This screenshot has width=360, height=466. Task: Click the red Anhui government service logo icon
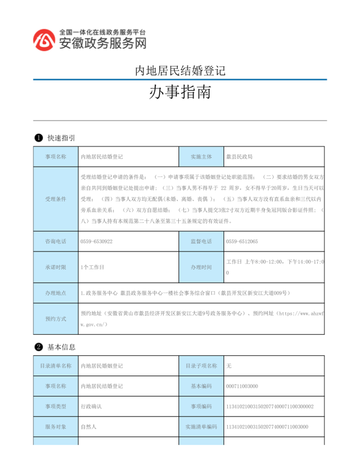pos(44,40)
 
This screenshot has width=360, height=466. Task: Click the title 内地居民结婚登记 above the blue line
pos(180,71)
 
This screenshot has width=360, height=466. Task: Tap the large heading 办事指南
pos(180,93)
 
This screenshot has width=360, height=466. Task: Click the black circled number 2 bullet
pos(39,347)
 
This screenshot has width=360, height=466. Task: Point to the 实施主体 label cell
pos(201,157)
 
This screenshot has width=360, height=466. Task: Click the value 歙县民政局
pos(239,157)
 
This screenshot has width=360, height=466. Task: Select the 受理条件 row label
pos(56,199)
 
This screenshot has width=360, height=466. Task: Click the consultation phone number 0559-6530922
pos(96,241)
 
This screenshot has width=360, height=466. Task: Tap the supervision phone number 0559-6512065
pos(242,241)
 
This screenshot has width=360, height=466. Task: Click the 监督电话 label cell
pos(201,241)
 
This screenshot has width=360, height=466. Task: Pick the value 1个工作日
pos(92,267)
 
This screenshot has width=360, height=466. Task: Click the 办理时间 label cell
pos(201,267)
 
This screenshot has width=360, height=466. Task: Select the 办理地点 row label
pos(56,293)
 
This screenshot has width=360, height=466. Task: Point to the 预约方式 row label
pos(56,319)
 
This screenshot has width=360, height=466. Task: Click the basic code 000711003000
pos(242,386)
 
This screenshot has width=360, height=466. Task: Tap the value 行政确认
pos(91,407)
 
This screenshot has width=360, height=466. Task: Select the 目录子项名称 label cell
pos(201,366)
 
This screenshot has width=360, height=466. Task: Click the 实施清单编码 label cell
pos(201,427)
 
